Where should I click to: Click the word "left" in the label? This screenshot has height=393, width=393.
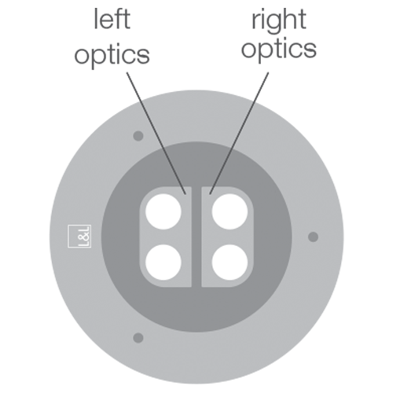point(112,19)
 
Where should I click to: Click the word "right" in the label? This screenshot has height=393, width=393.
point(279,22)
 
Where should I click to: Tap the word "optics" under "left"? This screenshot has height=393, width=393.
point(112,56)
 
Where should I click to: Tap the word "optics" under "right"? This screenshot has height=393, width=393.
point(279,50)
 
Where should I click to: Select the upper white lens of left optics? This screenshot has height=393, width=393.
point(163,211)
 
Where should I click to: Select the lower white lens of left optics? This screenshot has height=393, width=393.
point(163,263)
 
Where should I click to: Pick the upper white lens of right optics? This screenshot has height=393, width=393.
point(230,211)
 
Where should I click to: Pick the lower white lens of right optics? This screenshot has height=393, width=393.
point(230,263)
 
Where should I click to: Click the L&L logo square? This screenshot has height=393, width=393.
point(79,236)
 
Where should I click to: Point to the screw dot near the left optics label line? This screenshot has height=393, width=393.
point(138,136)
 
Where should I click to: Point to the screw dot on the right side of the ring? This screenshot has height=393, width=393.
point(313,237)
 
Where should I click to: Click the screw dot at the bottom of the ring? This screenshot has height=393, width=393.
point(138,337)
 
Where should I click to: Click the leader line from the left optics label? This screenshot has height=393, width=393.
point(156,134)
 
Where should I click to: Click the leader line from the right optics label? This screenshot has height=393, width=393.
point(239,134)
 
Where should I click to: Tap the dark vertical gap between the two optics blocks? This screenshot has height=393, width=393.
point(196,237)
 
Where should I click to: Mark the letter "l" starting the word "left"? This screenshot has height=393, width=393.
point(96,19)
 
